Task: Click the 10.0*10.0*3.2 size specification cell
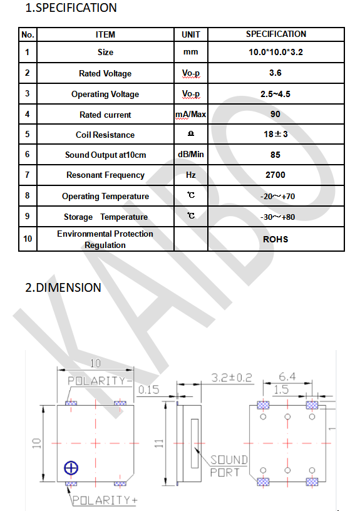(x=275, y=52)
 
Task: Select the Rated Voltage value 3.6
(x=275, y=73)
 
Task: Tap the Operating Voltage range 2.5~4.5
(x=275, y=94)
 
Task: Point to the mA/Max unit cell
(x=190, y=115)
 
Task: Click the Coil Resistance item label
(x=105, y=135)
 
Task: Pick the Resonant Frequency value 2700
(x=275, y=175)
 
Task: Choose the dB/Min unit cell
(x=190, y=154)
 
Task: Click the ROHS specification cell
(x=275, y=239)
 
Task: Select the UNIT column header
(x=190, y=34)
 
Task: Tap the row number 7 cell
(x=28, y=175)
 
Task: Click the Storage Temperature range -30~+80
(x=277, y=217)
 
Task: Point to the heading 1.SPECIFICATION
(x=71, y=8)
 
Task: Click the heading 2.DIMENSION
(x=63, y=288)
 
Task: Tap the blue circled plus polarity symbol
(x=71, y=468)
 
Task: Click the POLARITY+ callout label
(x=105, y=500)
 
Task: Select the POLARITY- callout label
(x=100, y=381)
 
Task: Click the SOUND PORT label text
(x=229, y=466)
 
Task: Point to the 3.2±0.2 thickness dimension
(x=232, y=378)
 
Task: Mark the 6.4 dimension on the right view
(x=287, y=377)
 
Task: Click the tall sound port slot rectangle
(x=195, y=443)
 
